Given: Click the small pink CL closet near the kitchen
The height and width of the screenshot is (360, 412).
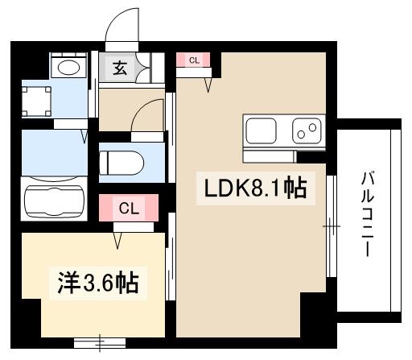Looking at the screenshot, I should point(194,60).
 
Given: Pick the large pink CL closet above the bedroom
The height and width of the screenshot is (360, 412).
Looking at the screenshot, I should point(129,209).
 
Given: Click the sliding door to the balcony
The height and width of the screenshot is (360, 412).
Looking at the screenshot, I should point(331,227).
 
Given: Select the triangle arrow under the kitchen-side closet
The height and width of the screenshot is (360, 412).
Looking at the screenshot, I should point(211,83).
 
